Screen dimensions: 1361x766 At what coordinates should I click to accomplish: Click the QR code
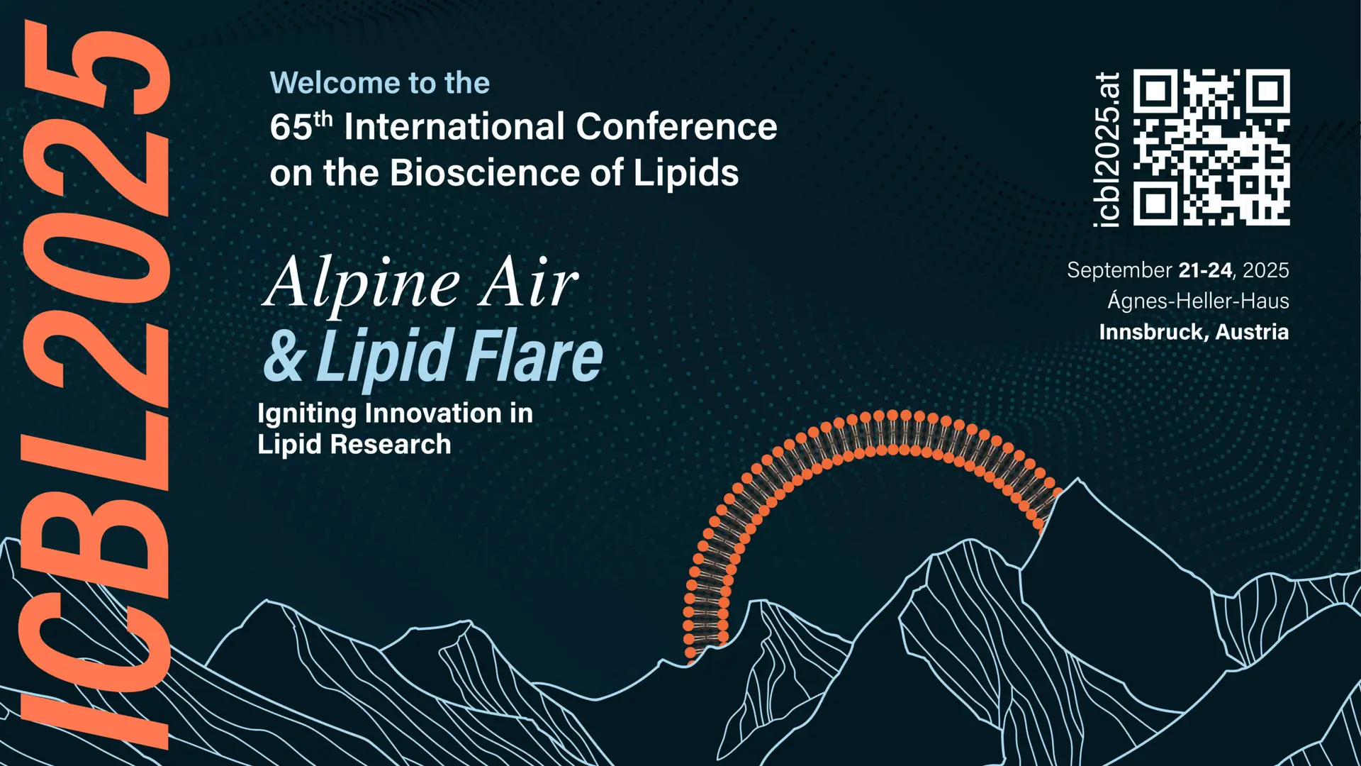(1211, 148)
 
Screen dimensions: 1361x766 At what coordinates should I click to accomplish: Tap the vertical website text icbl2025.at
(1107, 150)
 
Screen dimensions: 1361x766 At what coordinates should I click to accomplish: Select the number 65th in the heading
(301, 126)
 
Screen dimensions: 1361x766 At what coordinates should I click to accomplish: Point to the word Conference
(676, 127)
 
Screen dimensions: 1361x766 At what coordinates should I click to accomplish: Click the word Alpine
(362, 283)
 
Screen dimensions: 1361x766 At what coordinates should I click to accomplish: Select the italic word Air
(529, 282)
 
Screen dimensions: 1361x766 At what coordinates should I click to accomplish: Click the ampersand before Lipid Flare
(285, 356)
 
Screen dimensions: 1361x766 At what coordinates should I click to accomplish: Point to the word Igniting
(307, 414)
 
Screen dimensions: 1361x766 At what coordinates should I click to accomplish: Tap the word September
(1119, 271)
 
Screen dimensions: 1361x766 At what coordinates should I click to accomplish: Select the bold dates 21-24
(1205, 270)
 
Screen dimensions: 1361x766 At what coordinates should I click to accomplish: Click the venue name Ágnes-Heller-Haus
(1199, 301)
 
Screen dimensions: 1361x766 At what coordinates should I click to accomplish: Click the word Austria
(1253, 332)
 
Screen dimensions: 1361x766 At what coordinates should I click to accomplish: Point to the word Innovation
(433, 413)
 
